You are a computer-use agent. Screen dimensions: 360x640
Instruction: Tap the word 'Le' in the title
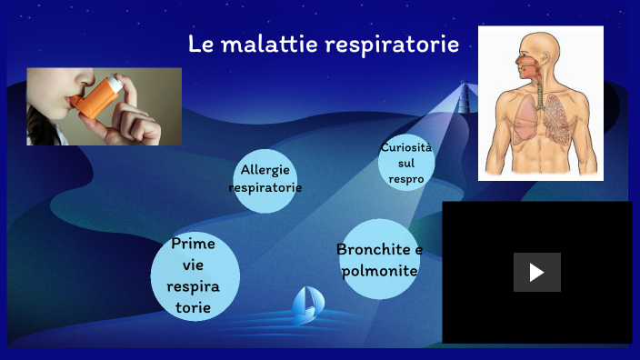[x=200, y=44]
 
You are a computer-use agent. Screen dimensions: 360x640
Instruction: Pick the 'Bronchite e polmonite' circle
[x=379, y=259]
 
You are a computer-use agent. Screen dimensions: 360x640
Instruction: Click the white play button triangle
[x=536, y=272]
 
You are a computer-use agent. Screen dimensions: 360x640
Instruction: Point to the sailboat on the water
[x=306, y=305]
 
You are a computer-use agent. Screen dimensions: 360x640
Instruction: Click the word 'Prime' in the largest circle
[x=194, y=244]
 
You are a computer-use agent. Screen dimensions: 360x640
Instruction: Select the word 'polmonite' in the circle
[x=379, y=271]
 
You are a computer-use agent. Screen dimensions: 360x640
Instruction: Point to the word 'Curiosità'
[x=406, y=147]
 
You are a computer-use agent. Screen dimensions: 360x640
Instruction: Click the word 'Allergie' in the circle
[x=265, y=170]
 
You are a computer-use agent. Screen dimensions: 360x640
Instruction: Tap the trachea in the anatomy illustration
[x=538, y=91]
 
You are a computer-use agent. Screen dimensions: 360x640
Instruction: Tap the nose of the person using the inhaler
[x=55, y=79]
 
